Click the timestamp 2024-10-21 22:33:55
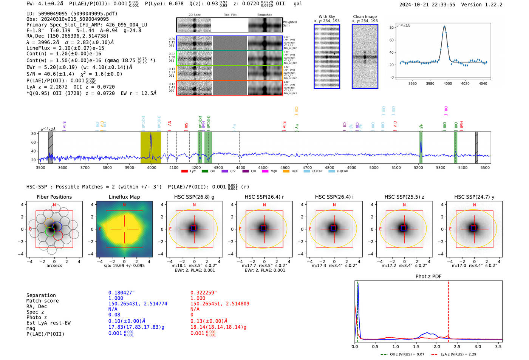[x=427, y=5]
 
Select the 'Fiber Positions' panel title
[x=54, y=197]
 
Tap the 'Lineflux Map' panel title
[x=124, y=197]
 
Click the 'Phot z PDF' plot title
[x=428, y=276]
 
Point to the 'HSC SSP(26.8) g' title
[x=194, y=197]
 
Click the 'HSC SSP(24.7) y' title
[x=474, y=197]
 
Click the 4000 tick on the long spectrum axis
[x=152, y=167]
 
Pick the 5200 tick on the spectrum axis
[x=418, y=167]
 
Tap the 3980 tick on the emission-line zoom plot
[x=430, y=83]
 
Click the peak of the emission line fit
[x=444, y=26]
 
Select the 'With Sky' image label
[x=326, y=17]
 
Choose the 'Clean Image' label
[x=365, y=17]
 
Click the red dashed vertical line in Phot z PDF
[x=449, y=310]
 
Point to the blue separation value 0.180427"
[x=121, y=293]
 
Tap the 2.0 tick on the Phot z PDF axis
[x=437, y=346]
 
